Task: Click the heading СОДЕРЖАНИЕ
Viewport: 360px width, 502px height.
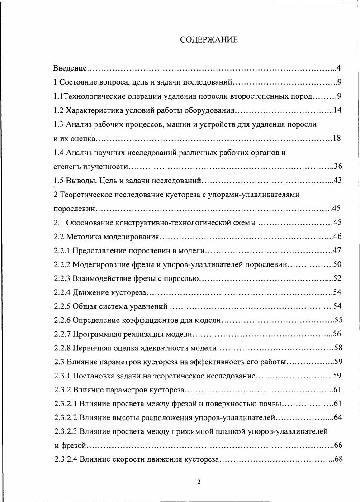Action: pos(208,40)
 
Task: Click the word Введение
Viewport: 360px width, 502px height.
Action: pos(69,68)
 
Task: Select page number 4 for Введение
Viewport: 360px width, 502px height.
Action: pos(338,68)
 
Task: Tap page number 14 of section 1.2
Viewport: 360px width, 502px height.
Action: pos(337,110)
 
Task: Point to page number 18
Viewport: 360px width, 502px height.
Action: pos(336,138)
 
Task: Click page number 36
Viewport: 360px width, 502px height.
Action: pos(337,166)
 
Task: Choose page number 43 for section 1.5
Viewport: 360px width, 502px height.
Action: pos(337,181)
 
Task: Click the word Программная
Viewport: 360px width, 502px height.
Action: pos(95,335)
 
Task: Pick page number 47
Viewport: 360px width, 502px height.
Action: pos(336,250)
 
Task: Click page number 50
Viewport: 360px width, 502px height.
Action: pos(337,264)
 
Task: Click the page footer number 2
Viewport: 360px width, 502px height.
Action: pos(199,482)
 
